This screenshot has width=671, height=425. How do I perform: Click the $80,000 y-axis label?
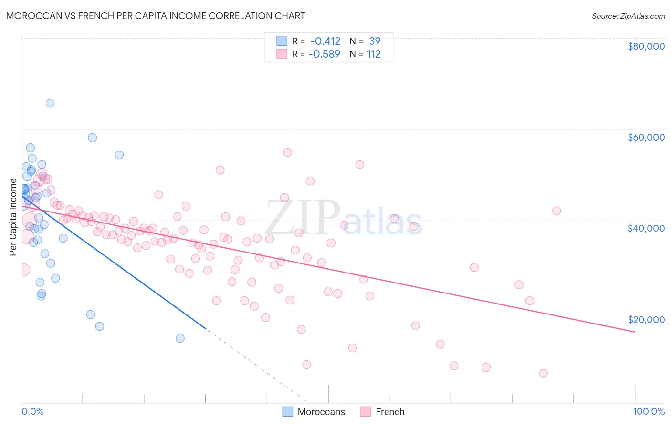(646, 46)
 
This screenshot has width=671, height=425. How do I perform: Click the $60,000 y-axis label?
(646, 137)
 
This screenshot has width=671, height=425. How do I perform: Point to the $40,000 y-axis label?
(646, 228)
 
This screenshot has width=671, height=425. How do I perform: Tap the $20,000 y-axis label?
(646, 319)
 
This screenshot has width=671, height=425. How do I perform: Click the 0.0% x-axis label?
(32, 412)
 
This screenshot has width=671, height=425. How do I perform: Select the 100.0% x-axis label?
(649, 412)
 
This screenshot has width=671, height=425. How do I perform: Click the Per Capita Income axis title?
(13, 217)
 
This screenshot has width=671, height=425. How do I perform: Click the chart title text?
(156, 16)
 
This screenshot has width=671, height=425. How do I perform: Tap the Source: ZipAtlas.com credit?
(628, 16)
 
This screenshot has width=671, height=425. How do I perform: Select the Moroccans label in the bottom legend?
(321, 412)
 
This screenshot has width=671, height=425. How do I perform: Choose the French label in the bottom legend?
(390, 412)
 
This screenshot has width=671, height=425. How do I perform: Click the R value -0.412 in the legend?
(325, 41)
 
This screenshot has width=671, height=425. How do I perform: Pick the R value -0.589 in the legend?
(325, 54)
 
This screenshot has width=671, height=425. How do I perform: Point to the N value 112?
(374, 54)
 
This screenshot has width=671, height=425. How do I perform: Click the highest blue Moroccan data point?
(50, 103)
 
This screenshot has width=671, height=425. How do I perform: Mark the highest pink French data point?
(287, 152)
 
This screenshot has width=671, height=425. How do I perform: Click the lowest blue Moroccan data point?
(180, 338)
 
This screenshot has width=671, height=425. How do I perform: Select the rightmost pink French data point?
(556, 211)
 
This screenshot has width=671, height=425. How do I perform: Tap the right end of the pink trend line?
(635, 332)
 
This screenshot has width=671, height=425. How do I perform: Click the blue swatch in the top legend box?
(282, 41)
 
